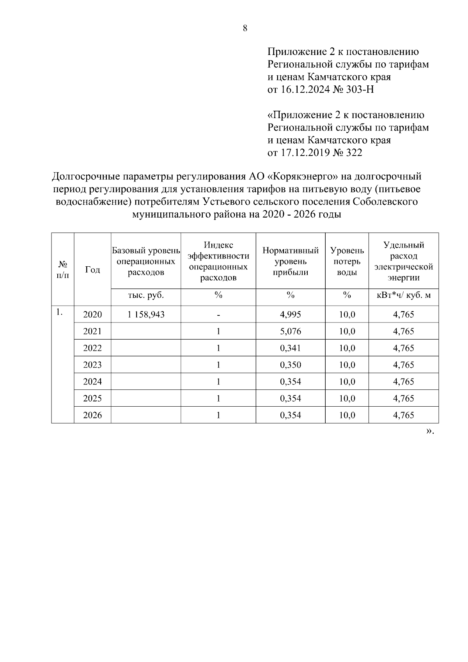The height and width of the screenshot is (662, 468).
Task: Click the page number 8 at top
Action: point(245,28)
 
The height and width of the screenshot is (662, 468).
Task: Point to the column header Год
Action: point(92,269)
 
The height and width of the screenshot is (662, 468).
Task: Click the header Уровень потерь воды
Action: point(347,261)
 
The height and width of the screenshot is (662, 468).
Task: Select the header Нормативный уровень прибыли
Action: point(291,261)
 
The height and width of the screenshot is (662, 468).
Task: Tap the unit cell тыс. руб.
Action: point(146,295)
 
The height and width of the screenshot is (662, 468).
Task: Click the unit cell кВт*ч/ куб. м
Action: point(404,295)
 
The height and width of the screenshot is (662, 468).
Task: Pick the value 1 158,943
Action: point(146,315)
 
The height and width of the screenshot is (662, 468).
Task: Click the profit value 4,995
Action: point(291,315)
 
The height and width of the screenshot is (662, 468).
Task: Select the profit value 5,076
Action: point(291,331)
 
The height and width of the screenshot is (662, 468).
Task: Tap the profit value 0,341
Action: point(291,348)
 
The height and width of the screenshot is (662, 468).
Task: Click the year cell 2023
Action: point(92,365)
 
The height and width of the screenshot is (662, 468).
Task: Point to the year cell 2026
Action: point(92,415)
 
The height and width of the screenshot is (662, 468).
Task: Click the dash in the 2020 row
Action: point(218,315)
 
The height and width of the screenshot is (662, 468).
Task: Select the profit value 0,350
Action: point(291,365)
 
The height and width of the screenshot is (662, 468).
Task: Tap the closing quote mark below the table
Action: point(430,431)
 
